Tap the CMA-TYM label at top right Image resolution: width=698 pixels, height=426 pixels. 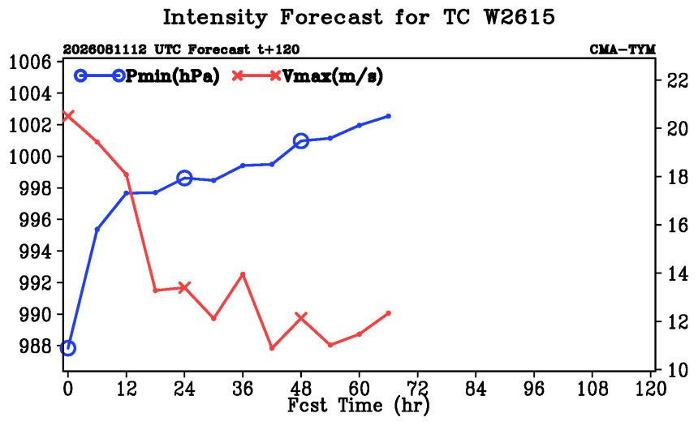[x=623, y=49]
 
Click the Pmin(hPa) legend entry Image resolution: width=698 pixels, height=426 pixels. [x=147, y=76]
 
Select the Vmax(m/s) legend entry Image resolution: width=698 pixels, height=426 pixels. [x=307, y=76]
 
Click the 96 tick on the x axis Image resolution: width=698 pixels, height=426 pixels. [x=534, y=389]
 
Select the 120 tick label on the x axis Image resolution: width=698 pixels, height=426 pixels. [x=650, y=389]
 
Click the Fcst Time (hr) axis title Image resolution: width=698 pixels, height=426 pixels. [x=359, y=406]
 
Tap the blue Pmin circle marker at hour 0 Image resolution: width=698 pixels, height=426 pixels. [x=67, y=347]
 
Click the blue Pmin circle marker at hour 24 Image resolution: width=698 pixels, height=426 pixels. [x=184, y=178]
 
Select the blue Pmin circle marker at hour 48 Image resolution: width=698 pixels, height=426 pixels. [x=301, y=141]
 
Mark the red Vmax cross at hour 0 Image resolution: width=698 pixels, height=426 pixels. [x=67, y=116]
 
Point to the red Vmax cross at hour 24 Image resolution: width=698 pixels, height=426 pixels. [x=184, y=287]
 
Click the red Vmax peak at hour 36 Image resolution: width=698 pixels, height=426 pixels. [x=243, y=274]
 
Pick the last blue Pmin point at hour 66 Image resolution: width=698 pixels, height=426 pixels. [x=388, y=116]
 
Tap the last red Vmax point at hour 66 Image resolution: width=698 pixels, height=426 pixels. [x=388, y=313]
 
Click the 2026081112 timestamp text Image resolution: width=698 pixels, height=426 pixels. [x=105, y=49]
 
